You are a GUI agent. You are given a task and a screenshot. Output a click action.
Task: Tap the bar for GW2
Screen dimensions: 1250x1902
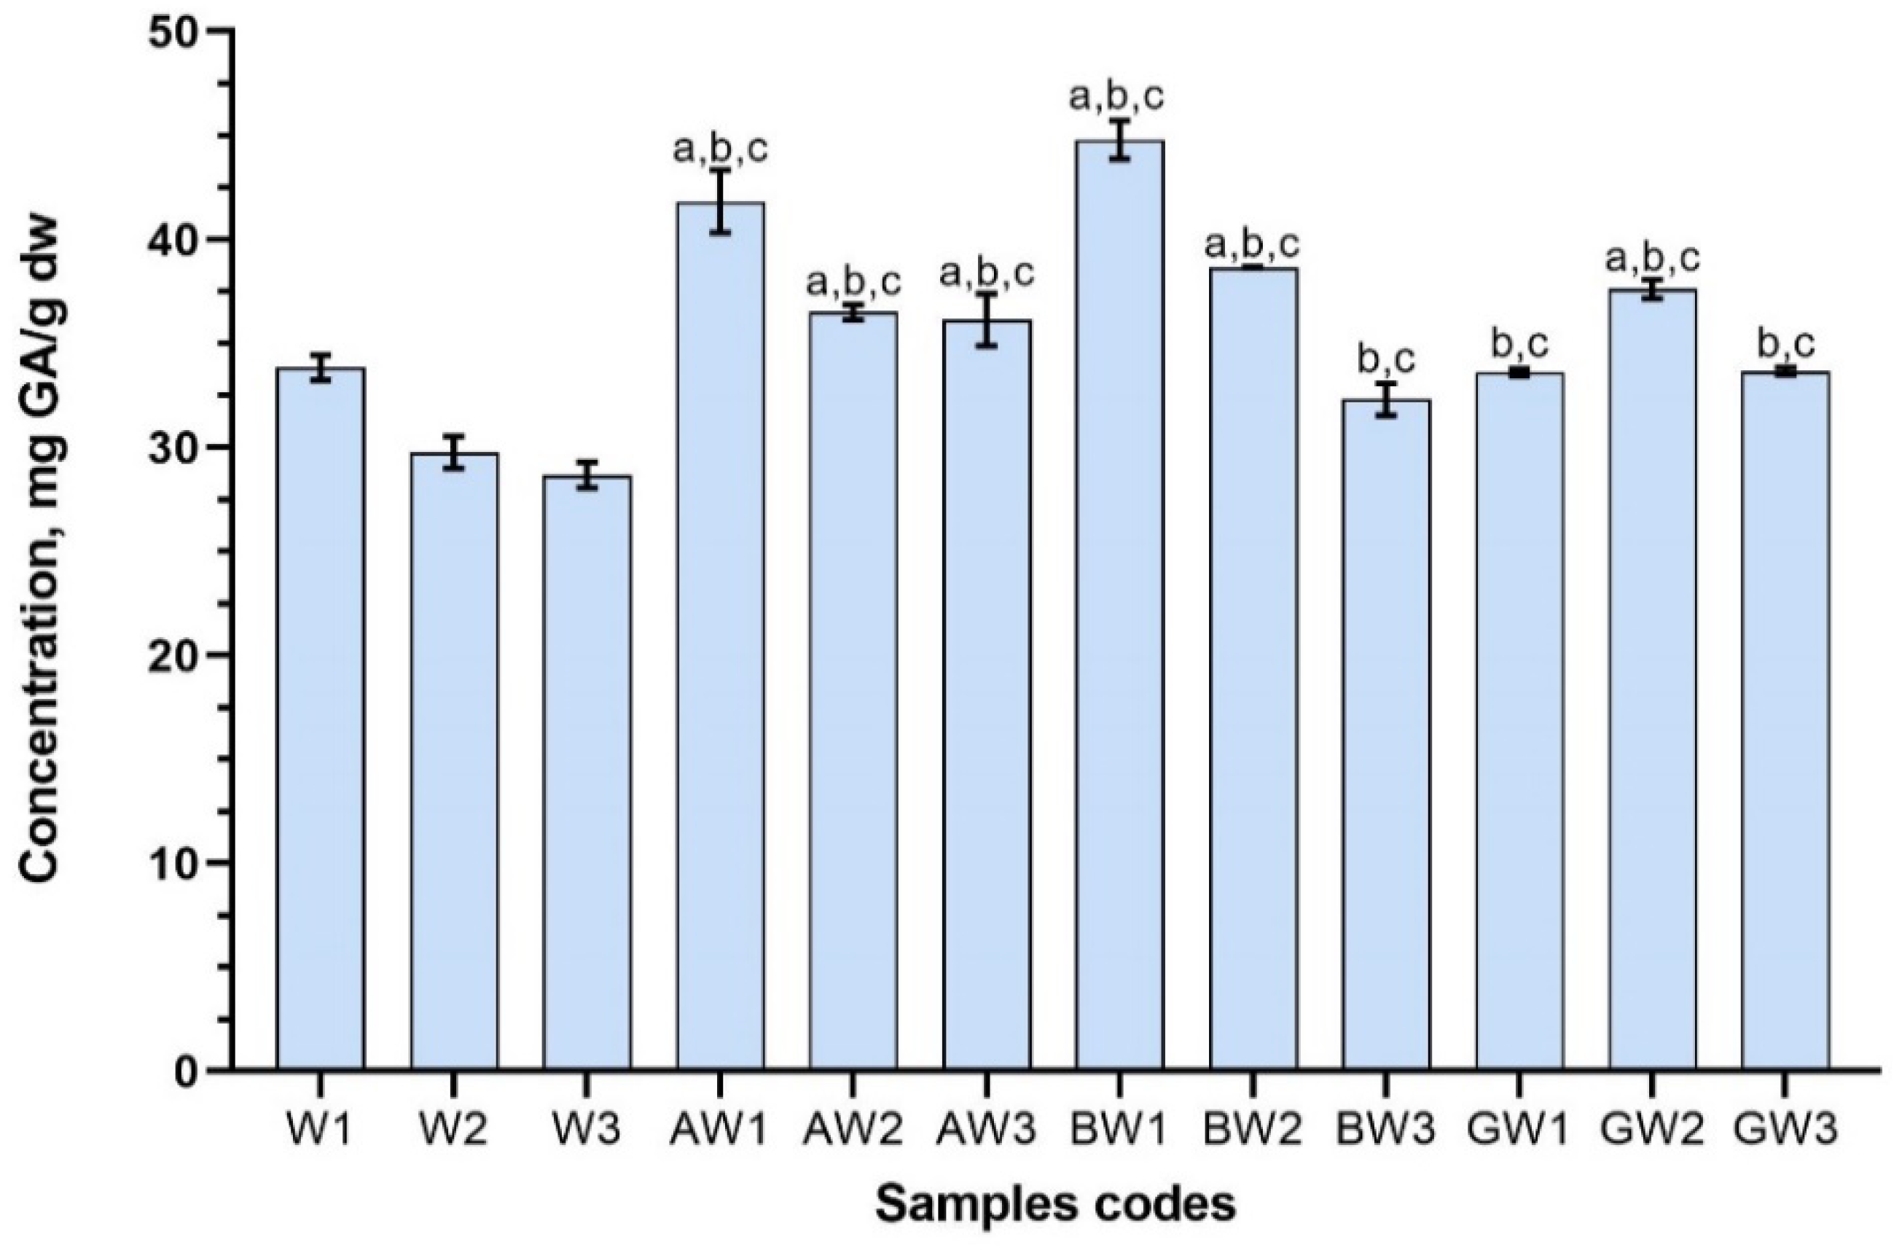click(1652, 679)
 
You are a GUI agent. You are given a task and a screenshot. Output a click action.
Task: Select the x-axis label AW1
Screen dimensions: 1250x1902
click(720, 1129)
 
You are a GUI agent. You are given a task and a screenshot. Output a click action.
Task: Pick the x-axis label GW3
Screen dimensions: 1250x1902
click(1785, 1129)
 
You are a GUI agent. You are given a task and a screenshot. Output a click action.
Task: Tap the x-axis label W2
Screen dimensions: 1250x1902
click(453, 1129)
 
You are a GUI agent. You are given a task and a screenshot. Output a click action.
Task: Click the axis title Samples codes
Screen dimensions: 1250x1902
click(1055, 1203)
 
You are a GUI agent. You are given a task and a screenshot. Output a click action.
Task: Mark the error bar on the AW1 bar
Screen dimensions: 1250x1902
click(720, 201)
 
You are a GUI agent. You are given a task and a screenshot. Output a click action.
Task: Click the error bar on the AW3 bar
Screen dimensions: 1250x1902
click(986, 320)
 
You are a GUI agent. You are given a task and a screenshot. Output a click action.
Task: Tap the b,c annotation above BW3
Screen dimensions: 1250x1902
click(1386, 361)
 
